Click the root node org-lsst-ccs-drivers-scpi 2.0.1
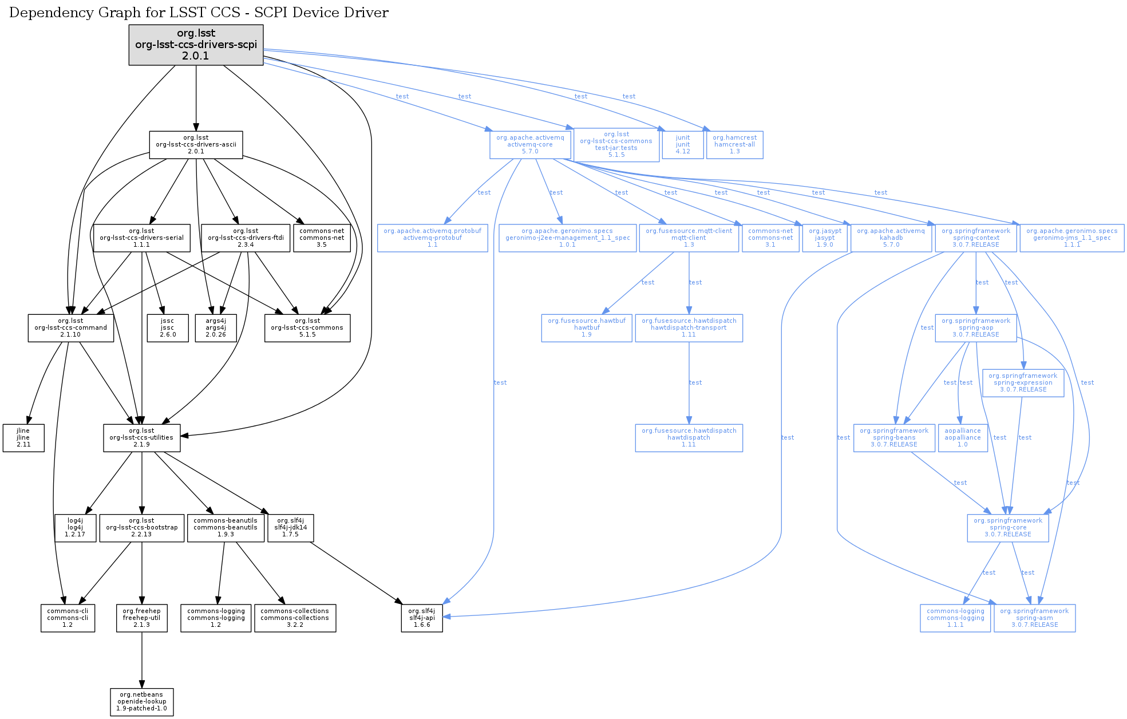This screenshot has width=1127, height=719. point(196,45)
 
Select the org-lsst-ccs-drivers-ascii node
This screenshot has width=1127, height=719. point(196,145)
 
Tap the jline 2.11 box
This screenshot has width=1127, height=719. point(23,438)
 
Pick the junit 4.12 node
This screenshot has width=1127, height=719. point(683,145)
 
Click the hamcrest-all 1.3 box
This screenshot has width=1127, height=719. point(734,145)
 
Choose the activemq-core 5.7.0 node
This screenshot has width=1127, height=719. point(530,145)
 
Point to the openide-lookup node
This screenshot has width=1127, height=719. point(142,702)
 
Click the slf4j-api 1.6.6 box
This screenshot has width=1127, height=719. point(422,618)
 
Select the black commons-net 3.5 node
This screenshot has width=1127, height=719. point(322,238)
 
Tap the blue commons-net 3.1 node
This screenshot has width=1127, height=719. point(770,238)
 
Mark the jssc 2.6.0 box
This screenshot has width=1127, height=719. point(167,328)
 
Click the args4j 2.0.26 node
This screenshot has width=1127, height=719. point(216,328)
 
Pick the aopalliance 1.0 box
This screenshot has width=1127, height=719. point(963,438)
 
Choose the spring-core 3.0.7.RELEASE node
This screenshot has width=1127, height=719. point(1008,528)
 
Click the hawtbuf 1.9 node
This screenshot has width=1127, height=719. point(587,328)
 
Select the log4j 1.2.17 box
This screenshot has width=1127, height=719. point(75,528)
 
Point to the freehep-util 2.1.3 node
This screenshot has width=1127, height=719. point(142,618)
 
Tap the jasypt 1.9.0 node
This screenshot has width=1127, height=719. point(825,238)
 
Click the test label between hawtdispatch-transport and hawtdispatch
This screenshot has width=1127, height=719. point(695,382)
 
